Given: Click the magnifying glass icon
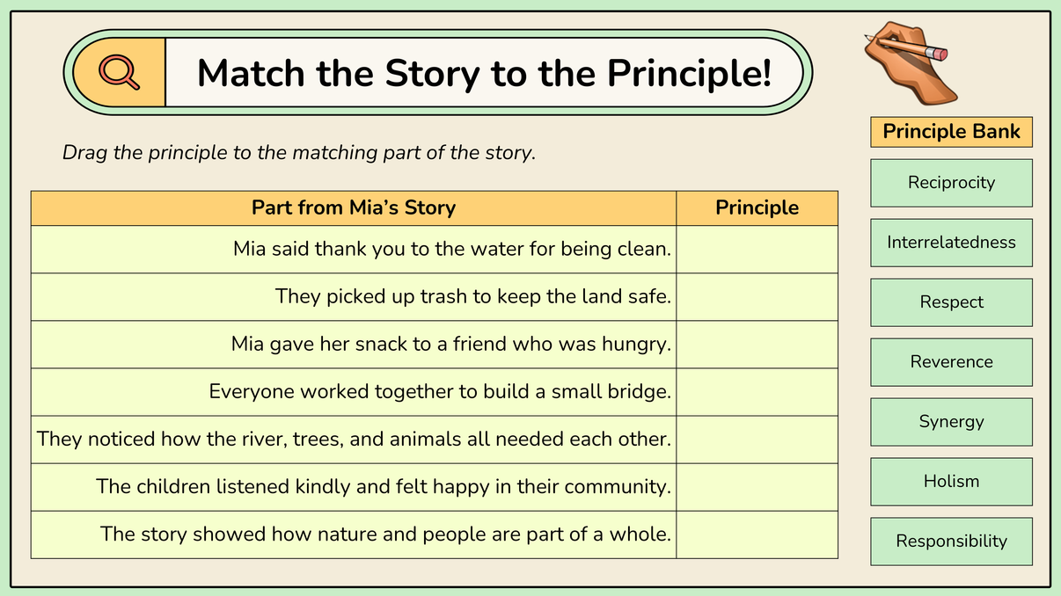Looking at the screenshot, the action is click(119, 72).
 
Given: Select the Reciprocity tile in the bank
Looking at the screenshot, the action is click(951, 183).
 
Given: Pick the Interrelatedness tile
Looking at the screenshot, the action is click(951, 243).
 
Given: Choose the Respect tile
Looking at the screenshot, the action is click(951, 302).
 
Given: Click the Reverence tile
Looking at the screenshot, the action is click(951, 362).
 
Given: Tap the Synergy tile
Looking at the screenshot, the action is click(951, 422).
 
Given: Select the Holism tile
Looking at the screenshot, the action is click(951, 482).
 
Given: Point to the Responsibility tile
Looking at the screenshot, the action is click(951, 541).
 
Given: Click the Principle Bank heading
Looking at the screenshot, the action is click(951, 132).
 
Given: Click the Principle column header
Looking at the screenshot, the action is click(757, 207).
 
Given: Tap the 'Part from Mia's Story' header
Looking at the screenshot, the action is click(354, 207).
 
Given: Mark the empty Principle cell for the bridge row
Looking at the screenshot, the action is click(757, 392).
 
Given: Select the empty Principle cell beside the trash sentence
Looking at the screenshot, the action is click(757, 297).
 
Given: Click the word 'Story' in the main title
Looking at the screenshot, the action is click(432, 74).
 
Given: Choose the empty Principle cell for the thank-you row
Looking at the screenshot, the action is click(757, 249).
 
